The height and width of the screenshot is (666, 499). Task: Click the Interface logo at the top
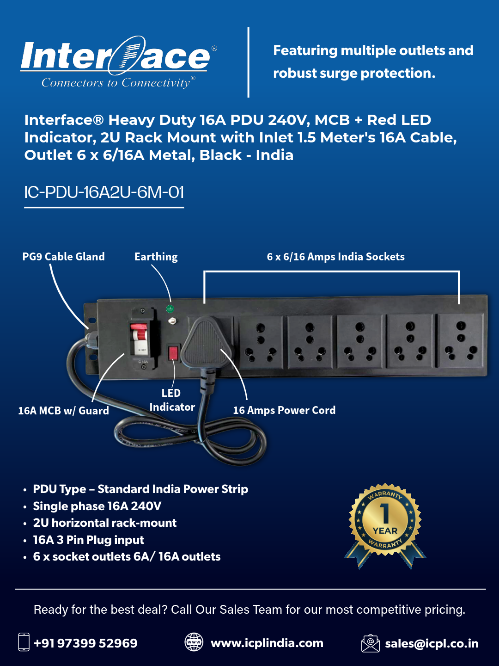[x=119, y=62]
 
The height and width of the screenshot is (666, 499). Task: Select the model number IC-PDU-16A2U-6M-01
[x=104, y=192]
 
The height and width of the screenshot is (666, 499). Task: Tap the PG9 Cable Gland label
[x=63, y=257]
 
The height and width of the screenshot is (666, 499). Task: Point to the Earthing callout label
[x=156, y=257]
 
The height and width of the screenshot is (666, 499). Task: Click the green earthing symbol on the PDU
[x=170, y=309]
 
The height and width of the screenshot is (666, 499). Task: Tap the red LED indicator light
[x=173, y=353]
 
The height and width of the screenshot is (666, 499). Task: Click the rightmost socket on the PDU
[x=460, y=342]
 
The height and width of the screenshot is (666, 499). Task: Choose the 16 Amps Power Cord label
[x=284, y=410]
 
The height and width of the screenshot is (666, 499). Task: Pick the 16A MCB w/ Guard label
[x=63, y=411]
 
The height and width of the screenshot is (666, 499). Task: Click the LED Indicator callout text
[x=172, y=400]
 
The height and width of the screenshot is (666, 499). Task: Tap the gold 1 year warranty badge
[x=385, y=525]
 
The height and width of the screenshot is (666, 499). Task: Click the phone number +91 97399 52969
[x=86, y=643]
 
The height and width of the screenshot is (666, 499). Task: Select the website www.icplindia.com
[x=267, y=643]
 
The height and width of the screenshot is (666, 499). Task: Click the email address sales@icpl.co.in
[x=432, y=643]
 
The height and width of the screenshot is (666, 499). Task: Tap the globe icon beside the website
[x=194, y=642]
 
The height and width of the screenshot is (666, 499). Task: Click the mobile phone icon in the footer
[x=24, y=642]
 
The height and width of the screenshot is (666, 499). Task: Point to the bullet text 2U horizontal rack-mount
[x=104, y=523]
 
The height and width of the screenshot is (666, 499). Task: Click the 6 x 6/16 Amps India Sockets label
[x=336, y=257]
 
